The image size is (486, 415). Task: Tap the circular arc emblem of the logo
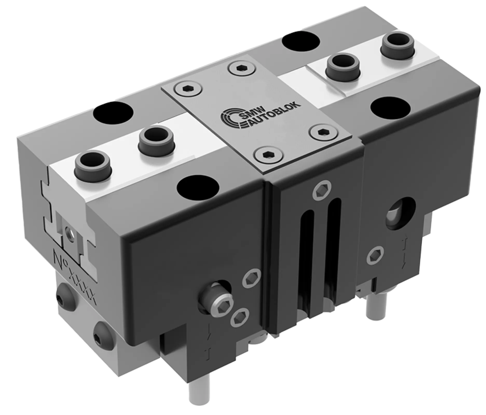click(x=229, y=118)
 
